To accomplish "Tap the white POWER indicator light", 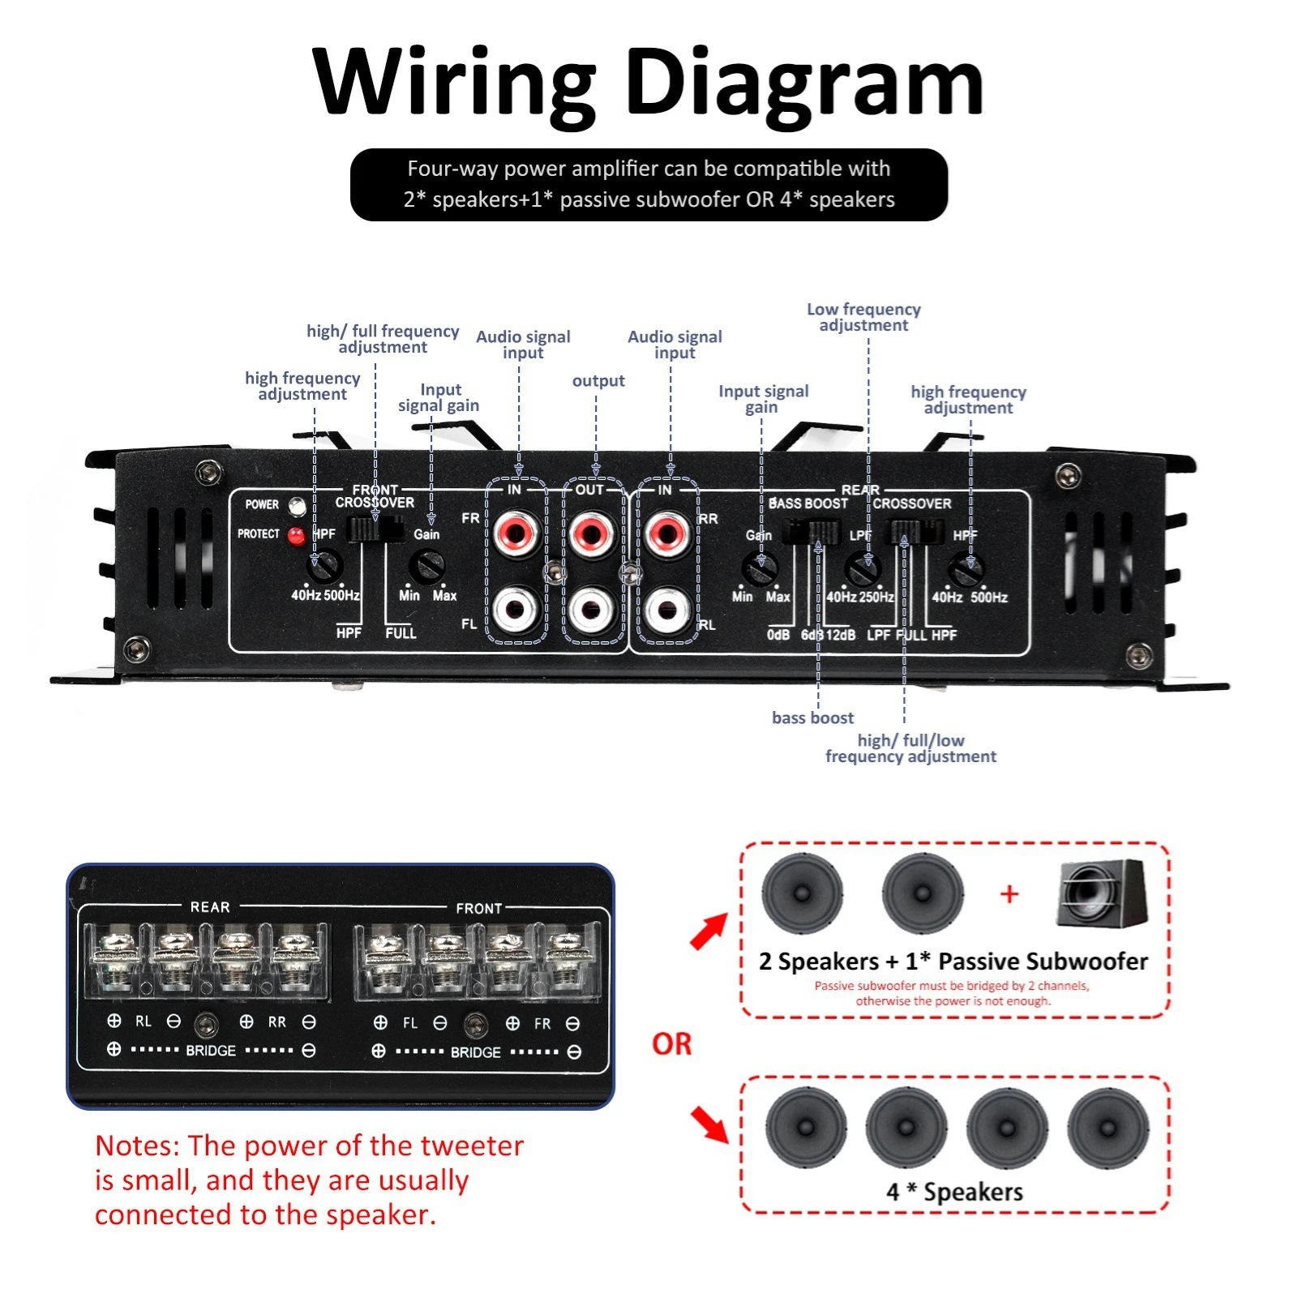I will (298, 507).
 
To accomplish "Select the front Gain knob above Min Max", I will (426, 566).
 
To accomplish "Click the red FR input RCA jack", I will (516, 533).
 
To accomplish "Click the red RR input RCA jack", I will (667, 533).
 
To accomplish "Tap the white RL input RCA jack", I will (667, 610).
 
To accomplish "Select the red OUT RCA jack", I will (592, 533).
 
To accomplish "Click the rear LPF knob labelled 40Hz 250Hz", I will (863, 568).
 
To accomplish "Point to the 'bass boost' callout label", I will (812, 718).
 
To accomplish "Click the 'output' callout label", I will (598, 381).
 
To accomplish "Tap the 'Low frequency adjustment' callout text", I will (863, 317).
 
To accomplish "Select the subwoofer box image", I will (1102, 895).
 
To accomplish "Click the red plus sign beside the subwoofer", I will (1009, 895).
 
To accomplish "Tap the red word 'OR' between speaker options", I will (671, 1044).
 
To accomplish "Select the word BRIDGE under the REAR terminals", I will (211, 1051).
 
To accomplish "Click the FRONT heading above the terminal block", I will (478, 909).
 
